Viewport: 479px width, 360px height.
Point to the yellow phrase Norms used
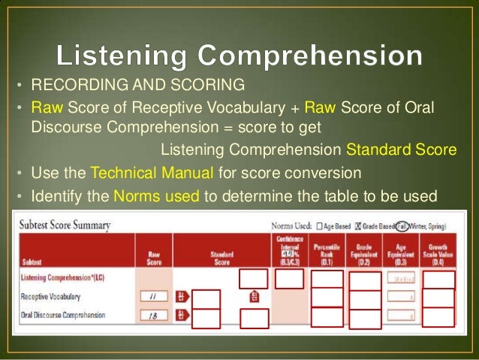point(156,197)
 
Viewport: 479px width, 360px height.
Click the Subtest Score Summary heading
point(65,225)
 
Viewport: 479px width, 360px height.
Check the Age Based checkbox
point(319,225)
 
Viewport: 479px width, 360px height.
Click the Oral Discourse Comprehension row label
point(63,315)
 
